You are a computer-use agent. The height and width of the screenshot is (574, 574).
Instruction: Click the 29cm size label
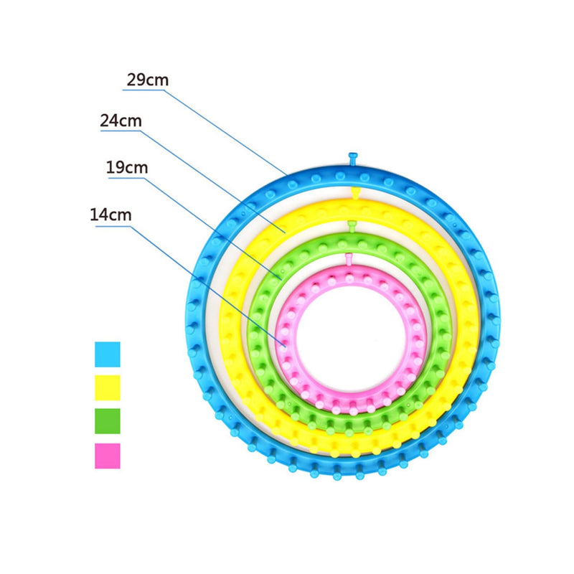click(x=148, y=80)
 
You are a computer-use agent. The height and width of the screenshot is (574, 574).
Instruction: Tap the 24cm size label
click(x=121, y=121)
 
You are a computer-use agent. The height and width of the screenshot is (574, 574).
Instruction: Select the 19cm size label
click(x=127, y=168)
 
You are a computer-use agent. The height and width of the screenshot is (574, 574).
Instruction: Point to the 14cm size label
click(x=110, y=215)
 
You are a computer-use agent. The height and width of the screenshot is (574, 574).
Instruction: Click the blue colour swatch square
click(x=108, y=354)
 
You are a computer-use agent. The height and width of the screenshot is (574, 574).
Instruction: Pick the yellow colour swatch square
click(x=108, y=387)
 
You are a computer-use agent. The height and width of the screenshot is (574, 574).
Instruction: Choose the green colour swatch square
click(x=108, y=421)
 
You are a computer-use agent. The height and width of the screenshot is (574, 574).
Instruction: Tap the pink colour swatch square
click(x=108, y=456)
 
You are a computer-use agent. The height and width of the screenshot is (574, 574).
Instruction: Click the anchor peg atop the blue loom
click(x=352, y=159)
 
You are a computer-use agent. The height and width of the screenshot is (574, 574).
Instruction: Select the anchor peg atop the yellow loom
click(x=354, y=193)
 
